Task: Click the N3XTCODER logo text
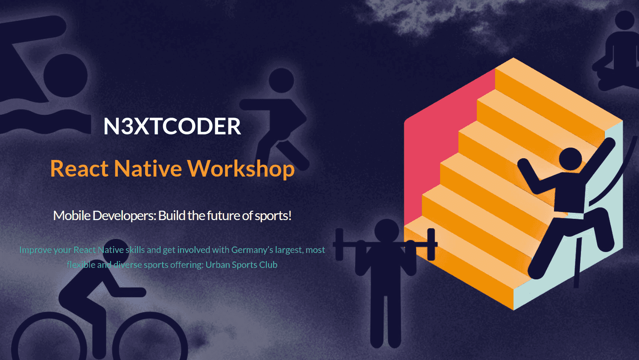(x=172, y=126)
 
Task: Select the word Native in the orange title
(x=148, y=168)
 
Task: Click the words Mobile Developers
(x=105, y=216)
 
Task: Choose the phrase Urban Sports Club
(x=241, y=265)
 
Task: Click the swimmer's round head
(x=65, y=75)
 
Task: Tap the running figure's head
(x=281, y=80)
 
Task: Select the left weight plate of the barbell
(x=339, y=244)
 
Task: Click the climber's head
(x=570, y=159)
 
